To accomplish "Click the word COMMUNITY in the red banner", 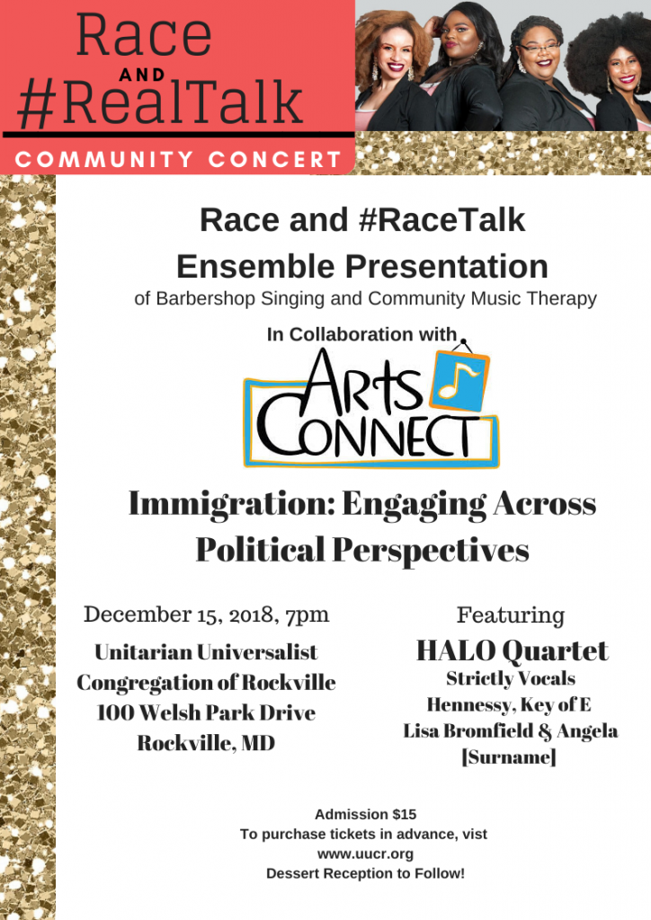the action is pos(104,160).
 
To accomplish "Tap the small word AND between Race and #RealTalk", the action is pos(142,75).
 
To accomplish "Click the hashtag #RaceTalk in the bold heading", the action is pos(441,220).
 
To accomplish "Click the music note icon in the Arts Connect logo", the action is pos(459,381).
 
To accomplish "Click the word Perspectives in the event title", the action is pos(431,551).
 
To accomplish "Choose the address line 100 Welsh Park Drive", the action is pos(206,712).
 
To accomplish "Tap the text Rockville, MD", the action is pos(206,743).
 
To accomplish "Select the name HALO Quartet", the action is pos(512,650).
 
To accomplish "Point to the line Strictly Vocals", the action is pos(511,679).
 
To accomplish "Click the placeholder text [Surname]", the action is pos(509,757).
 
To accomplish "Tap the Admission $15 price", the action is pos(366,814).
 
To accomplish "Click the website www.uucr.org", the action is pos(365,854).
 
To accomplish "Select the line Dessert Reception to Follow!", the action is pos(365,873).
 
